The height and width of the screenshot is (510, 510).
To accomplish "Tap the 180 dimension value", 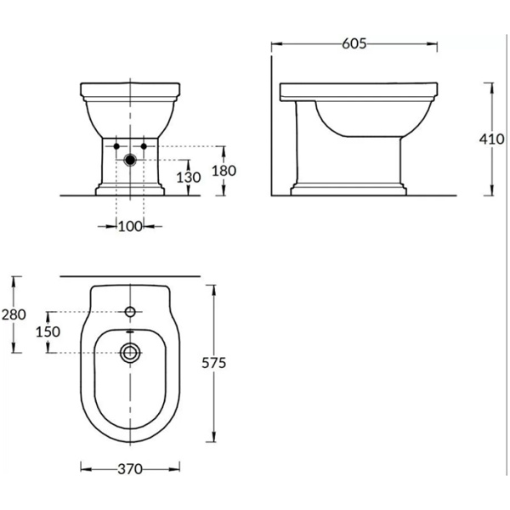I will [x=224, y=170].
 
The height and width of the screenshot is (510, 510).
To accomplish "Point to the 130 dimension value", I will [x=189, y=178].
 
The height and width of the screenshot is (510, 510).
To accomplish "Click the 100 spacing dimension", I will [x=129, y=225].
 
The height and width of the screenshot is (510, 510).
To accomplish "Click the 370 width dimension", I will [x=129, y=468].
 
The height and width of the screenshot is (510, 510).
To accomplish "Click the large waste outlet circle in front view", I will [x=129, y=159].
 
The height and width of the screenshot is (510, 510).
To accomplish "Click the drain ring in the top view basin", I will [x=130, y=351].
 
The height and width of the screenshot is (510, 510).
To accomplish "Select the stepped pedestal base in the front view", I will [x=129, y=188].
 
